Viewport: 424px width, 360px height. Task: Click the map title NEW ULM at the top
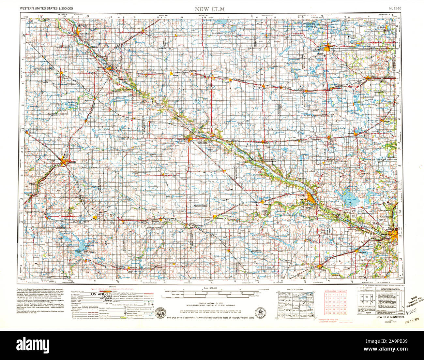(x=209, y=9)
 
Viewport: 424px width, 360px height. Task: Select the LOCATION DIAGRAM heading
(x=295, y=289)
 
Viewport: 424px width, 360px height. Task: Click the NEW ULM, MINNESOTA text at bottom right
(x=390, y=317)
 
